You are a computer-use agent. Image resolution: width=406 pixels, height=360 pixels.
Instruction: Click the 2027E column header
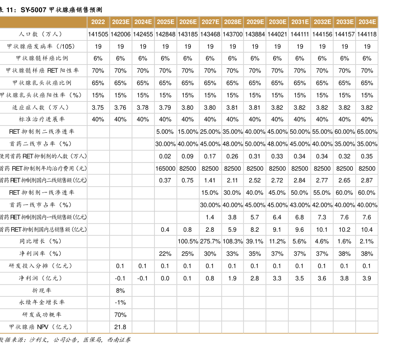pos(210,22)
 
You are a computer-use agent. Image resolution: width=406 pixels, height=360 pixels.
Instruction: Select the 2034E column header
pos(367,22)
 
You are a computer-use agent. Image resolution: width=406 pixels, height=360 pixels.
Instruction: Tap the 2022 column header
pos(98,22)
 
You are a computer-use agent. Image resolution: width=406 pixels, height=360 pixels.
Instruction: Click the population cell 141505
pos(98,34)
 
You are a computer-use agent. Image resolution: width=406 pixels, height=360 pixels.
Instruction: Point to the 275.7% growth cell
pos(210,242)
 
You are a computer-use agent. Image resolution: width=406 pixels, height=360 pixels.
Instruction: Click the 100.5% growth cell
pos(188,242)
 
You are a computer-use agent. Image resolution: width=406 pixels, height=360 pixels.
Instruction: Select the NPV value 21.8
pos(120,327)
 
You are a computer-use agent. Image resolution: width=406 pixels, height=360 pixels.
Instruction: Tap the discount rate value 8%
pos(120,291)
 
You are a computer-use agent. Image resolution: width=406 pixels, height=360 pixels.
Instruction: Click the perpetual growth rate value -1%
pos(120,303)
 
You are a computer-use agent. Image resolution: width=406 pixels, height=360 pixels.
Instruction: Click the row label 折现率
pos(42,291)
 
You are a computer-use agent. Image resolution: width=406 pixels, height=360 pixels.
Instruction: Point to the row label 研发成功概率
pos(42,315)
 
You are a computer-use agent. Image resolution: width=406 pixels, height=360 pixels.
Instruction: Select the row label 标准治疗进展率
pos(42,119)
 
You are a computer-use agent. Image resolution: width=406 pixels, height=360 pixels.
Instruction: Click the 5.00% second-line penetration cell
pos(165,132)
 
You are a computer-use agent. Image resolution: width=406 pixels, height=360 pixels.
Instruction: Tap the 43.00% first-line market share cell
pos(300,205)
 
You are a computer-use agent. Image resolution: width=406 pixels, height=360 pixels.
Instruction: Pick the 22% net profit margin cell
pos(165,254)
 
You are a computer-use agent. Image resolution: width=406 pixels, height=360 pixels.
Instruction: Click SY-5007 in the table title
pos(34,9)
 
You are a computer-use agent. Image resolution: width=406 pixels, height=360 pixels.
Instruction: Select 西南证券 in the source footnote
pos(119,340)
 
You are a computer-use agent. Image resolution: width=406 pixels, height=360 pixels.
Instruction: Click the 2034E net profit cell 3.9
pos(367,279)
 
